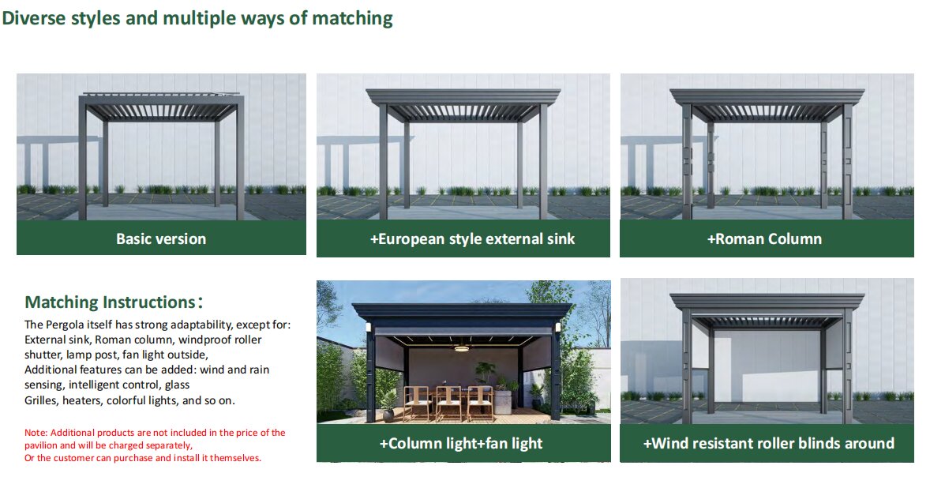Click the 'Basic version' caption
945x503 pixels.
tap(161, 238)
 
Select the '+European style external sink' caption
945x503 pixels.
tap(472, 238)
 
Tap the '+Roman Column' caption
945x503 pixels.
tap(764, 238)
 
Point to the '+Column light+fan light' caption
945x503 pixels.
tap(460, 443)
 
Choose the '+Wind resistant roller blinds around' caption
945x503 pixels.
tap(768, 443)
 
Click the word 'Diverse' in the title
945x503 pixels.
tap(34, 18)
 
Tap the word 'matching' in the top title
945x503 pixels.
tap(353, 19)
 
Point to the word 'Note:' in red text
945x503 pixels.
tap(36, 433)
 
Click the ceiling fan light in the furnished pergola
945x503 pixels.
tap(463, 347)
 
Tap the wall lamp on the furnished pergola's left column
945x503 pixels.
tap(368, 328)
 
